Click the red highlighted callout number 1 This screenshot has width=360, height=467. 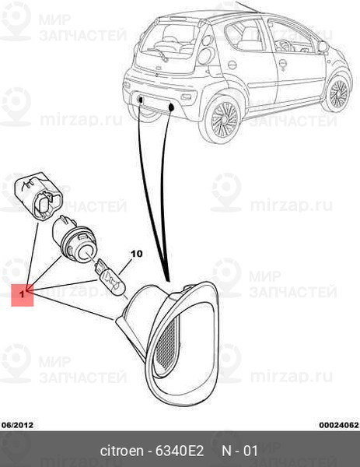pos(22,294)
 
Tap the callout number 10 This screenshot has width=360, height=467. pos(137,254)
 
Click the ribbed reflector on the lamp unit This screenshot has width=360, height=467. pos(167,342)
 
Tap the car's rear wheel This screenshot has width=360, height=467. pos(222,118)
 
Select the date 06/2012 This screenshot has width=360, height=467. pos(17,425)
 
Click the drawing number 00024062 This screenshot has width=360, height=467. pos(339,425)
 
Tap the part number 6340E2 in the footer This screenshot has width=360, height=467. pos(180,451)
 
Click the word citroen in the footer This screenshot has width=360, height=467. pos(122,451)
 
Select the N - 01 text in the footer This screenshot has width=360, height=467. pos(239,451)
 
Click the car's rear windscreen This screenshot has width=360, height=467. pos(167,42)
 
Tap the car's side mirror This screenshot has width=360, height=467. pos(323,46)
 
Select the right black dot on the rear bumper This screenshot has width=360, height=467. pos(171,107)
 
